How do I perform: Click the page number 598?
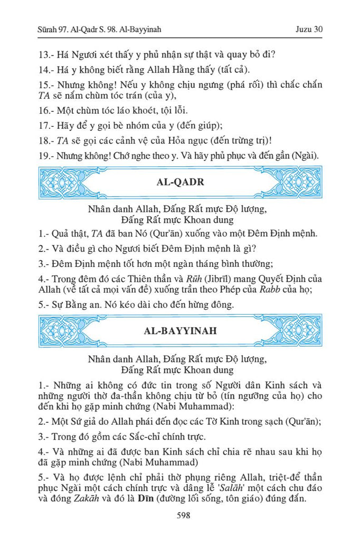(179, 516)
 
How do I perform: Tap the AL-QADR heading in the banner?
(179, 182)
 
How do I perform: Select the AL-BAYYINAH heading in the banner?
(179, 332)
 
